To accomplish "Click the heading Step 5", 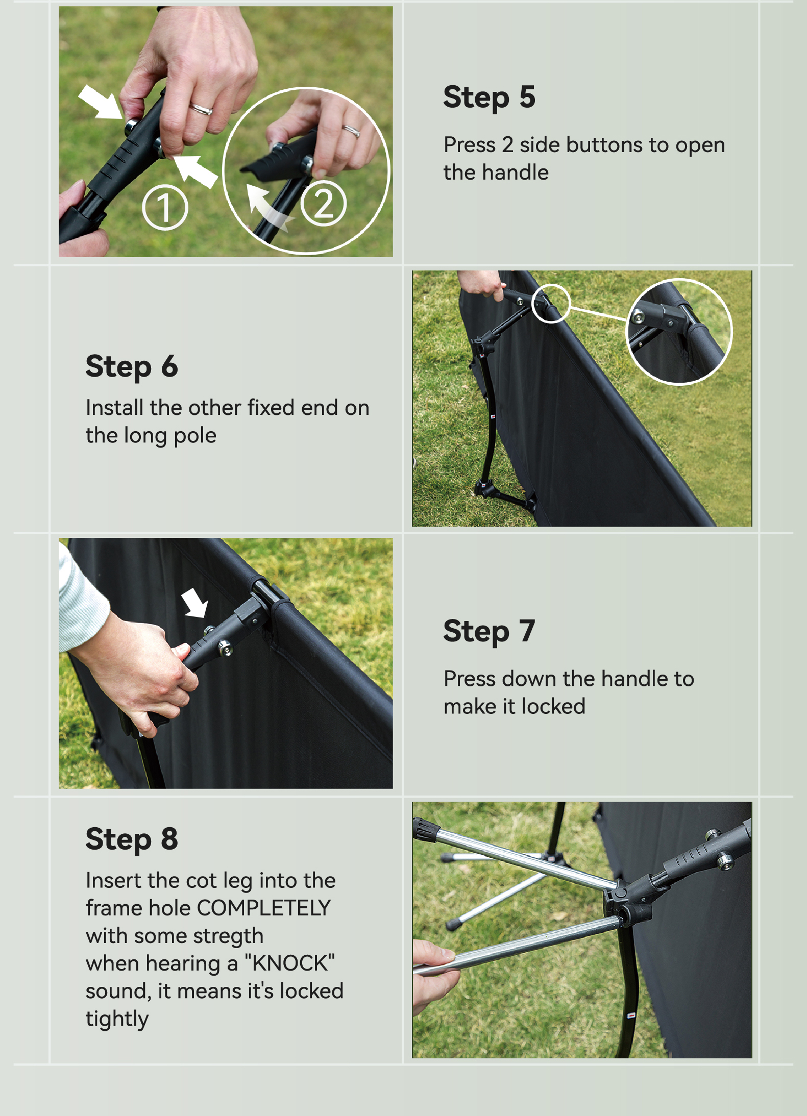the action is click(489, 97).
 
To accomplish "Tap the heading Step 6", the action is click(132, 367).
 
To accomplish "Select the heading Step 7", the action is click(489, 631).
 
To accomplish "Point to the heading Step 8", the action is click(132, 839).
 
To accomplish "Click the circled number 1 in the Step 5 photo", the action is click(165, 208).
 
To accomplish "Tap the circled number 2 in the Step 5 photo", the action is click(324, 203).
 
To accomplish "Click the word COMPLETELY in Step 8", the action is click(264, 908).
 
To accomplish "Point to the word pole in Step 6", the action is click(195, 436).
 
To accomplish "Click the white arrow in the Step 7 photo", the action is click(195, 602).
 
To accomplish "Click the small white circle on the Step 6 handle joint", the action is click(551, 304).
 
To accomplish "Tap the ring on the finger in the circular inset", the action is click(351, 131).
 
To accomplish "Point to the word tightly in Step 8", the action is click(117, 1019).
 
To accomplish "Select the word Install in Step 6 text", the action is click(115, 408).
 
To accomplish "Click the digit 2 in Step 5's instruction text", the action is click(507, 145).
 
